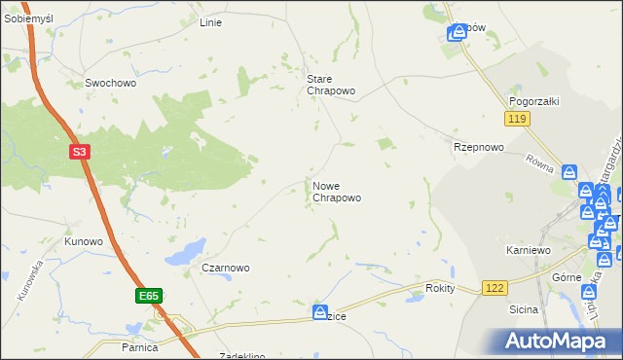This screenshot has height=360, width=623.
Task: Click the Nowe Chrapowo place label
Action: (x=337, y=191)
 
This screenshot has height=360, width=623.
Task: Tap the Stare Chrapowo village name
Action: (x=331, y=85)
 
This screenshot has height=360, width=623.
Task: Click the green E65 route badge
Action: (x=148, y=293)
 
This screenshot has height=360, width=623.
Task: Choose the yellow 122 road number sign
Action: (x=495, y=288)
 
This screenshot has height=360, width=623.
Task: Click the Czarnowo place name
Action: (x=226, y=268)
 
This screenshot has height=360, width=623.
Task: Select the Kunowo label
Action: (x=84, y=240)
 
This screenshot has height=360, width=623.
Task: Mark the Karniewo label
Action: (x=530, y=250)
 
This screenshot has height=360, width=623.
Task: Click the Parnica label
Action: (x=140, y=346)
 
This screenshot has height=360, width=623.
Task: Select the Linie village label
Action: (x=210, y=22)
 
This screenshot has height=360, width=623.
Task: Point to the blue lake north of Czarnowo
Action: (x=185, y=253)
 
